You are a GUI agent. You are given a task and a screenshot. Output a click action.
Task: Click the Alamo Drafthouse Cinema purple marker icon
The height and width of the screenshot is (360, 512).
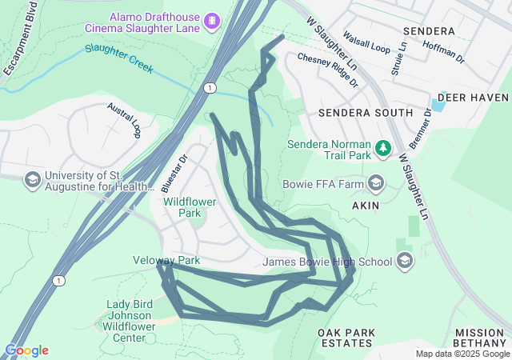[x=212, y=19]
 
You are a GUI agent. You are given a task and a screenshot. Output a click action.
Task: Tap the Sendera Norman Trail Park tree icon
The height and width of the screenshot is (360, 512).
[x=383, y=147]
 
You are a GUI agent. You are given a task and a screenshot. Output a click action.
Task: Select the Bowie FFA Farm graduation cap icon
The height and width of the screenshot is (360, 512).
[x=376, y=184]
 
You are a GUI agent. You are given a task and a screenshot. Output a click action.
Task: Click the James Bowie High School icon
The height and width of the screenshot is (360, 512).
[x=406, y=261]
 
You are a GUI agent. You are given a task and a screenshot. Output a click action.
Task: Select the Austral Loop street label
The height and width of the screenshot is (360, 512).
[x=124, y=120]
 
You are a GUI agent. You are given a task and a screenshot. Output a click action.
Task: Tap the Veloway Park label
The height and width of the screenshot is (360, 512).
[x=166, y=261]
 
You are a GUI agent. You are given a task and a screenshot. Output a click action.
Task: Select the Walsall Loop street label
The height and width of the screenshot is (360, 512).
[x=366, y=43]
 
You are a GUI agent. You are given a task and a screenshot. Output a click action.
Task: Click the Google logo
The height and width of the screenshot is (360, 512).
[x=26, y=350]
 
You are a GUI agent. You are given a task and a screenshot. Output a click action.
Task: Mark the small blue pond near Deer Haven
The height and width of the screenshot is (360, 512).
[x=438, y=105]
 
